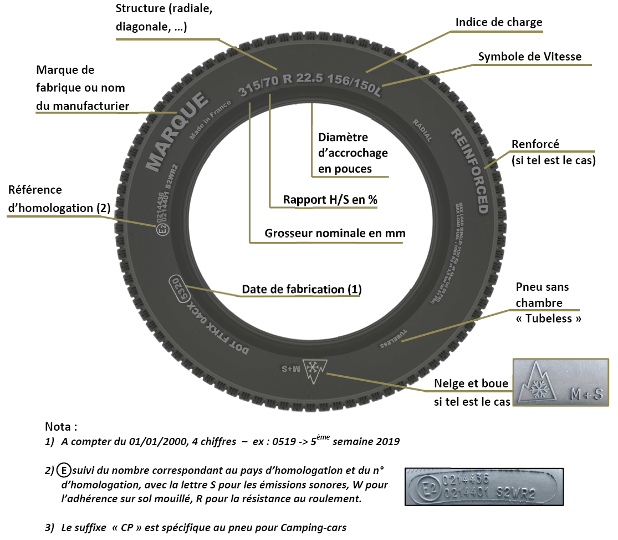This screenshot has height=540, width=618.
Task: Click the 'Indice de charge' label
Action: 499,22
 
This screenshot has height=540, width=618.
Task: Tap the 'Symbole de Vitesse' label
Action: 529,57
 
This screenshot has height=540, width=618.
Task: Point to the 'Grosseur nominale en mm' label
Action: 335,233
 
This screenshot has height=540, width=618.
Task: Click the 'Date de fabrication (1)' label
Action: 302,289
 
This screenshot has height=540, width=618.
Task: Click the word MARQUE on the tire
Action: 177,130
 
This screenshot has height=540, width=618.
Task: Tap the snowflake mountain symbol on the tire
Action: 318,370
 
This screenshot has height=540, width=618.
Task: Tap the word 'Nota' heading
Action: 60,427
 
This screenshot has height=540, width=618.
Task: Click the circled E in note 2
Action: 63,471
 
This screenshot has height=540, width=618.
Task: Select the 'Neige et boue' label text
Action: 471,385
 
